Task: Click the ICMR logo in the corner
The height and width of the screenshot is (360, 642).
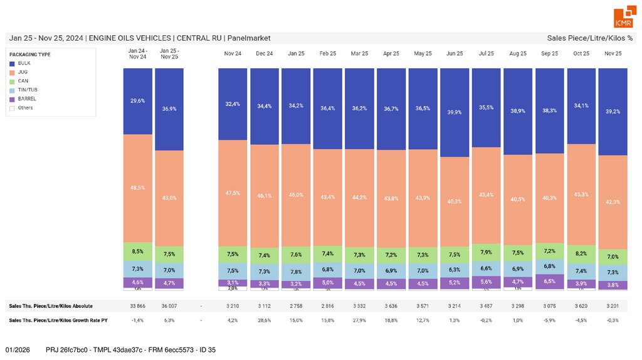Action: [623, 18]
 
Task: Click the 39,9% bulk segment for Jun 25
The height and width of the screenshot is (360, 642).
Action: [455, 112]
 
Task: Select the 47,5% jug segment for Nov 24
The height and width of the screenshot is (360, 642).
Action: [233, 193]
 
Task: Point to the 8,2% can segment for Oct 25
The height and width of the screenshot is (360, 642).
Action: [582, 253]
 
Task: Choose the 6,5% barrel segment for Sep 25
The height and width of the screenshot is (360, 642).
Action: [550, 281]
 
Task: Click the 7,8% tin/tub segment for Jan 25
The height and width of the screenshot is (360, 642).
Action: [297, 272]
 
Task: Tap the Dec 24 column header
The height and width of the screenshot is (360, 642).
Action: [265, 54]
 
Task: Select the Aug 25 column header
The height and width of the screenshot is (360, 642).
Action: [518, 54]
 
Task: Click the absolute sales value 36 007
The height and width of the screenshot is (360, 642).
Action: [169, 306]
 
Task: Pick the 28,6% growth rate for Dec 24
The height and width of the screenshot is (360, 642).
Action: [265, 320]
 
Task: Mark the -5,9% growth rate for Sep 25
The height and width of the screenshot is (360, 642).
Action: [550, 320]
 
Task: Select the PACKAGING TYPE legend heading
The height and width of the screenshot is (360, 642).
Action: [30, 55]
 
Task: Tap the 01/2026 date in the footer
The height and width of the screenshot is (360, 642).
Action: [18, 349]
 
